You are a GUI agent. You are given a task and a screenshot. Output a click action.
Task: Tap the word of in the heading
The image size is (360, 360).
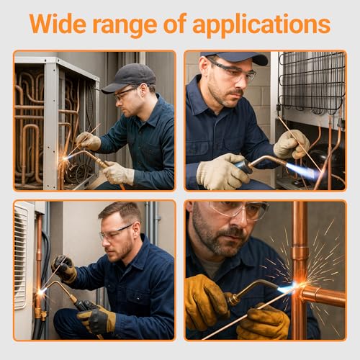[x=189, y=24]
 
